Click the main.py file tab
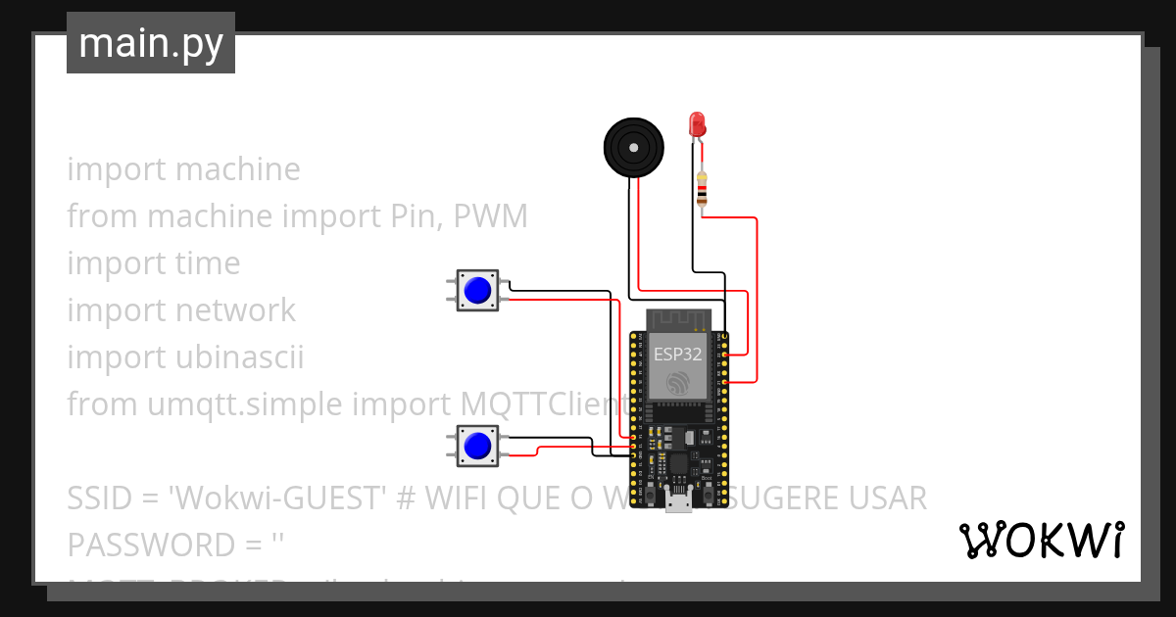(x=150, y=43)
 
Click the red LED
(x=697, y=124)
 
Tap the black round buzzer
(x=632, y=148)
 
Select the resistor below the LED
(x=701, y=191)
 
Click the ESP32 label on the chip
(x=677, y=355)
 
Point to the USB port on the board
(x=677, y=503)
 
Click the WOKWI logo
(x=1041, y=540)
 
